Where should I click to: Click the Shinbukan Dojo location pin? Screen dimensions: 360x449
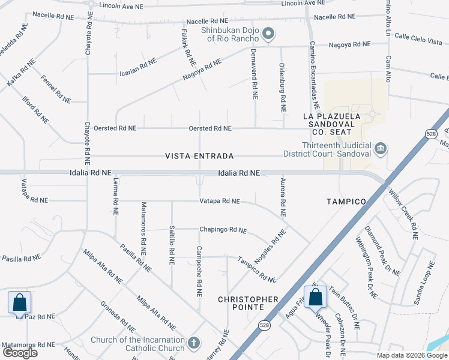point(268,34)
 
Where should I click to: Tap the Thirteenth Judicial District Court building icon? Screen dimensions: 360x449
point(379,148)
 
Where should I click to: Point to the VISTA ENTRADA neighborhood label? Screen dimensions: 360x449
point(199,156)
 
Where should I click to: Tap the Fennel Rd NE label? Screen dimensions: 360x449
point(56,88)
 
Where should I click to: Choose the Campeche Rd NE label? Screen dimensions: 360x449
point(199,271)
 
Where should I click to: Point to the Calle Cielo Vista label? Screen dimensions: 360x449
point(418,40)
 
